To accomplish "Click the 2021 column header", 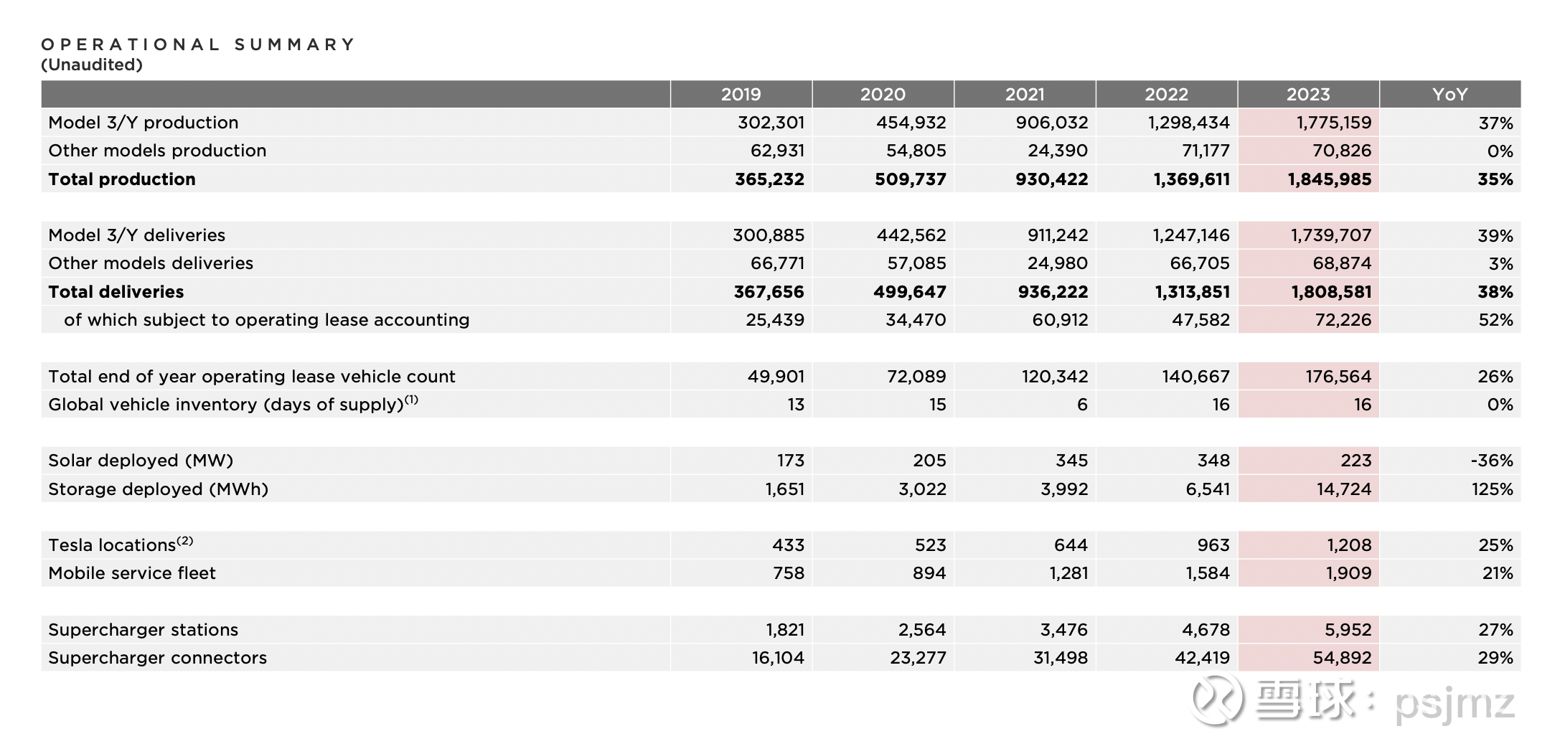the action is (x=1024, y=94).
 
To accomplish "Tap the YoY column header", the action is (x=1449, y=94).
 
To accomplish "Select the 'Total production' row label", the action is (x=122, y=179).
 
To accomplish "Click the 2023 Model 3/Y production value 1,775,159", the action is (x=1334, y=123).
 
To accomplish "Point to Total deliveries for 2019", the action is (x=769, y=292).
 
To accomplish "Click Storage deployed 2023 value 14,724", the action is (x=1343, y=489).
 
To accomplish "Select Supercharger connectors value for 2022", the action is (x=1202, y=658).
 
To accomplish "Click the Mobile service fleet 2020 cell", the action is (x=929, y=573).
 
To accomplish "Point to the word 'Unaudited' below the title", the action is (x=92, y=65).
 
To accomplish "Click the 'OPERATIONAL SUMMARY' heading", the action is (x=198, y=44).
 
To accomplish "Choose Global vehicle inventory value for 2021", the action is (x=1082, y=405).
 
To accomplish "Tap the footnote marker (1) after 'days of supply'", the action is (x=411, y=400).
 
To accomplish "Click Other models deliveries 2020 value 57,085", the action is (x=916, y=263).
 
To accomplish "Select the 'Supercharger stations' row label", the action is (x=144, y=630).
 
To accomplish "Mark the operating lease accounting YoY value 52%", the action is (x=1495, y=320).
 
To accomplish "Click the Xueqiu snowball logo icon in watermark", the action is (x=1217, y=699).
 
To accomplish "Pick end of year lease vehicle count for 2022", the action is (x=1196, y=377).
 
